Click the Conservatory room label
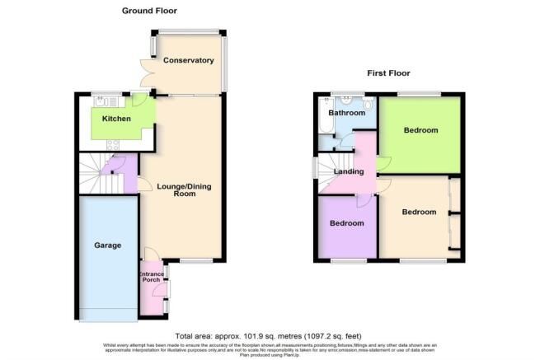(188, 61)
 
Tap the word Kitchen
(116, 119)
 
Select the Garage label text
(107, 245)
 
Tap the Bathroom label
(346, 113)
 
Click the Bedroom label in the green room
(420, 131)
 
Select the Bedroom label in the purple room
(346, 223)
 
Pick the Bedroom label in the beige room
(418, 212)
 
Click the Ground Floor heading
(148, 11)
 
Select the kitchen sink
(103, 101)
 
